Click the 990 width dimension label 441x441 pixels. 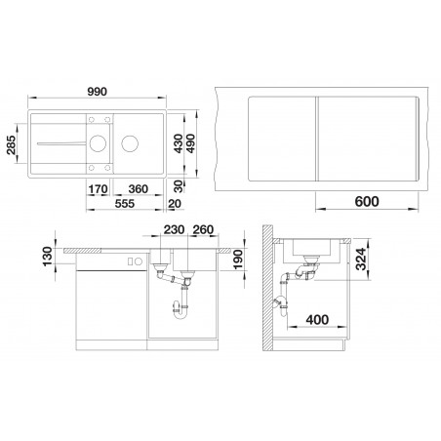98,92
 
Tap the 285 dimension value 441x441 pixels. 12,144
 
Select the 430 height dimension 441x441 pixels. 178,143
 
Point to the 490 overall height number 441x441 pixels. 190,143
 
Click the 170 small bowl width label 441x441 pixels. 98,189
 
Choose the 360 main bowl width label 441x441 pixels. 139,189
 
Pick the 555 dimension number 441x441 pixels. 125,204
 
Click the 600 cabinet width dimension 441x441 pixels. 367,202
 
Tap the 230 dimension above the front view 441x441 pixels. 174,229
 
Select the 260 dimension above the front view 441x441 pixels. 203,229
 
